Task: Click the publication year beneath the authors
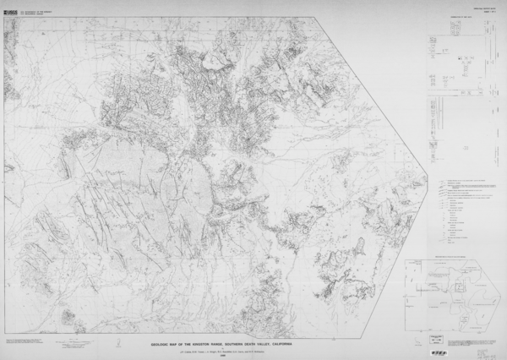click(222, 354)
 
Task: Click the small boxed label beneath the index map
click(438, 335)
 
